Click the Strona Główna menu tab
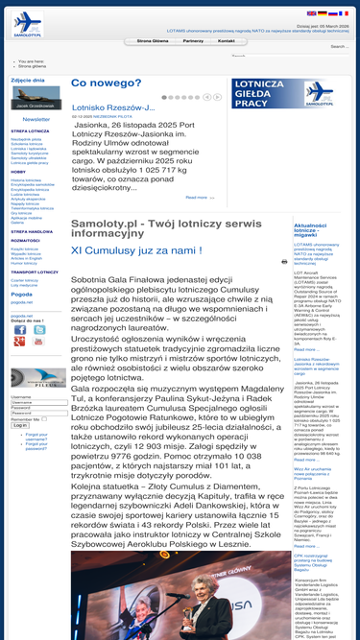[154, 41]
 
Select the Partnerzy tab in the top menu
[193, 41]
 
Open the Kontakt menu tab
[227, 41]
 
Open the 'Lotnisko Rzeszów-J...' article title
[113, 107]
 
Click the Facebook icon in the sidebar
[19, 328]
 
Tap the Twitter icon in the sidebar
[39, 328]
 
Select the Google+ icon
[19, 342]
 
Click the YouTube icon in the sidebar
[39, 342]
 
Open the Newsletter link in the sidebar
[36, 119]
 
